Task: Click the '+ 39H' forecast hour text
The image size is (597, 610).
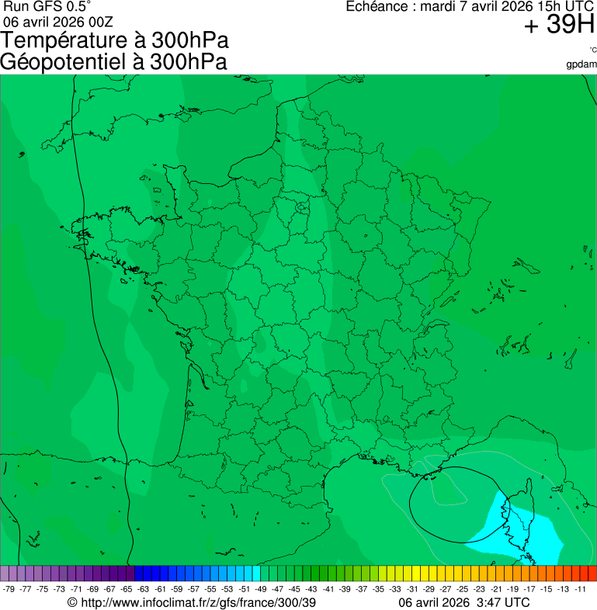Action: pyautogui.click(x=559, y=26)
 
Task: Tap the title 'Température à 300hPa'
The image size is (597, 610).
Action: pyautogui.click(x=115, y=41)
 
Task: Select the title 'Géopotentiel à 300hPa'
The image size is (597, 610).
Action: pyautogui.click(x=113, y=62)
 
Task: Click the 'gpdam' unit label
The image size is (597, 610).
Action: pyautogui.click(x=581, y=64)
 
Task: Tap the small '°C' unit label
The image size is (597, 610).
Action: pyautogui.click(x=592, y=50)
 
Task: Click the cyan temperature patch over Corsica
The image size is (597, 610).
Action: pyautogui.click(x=528, y=535)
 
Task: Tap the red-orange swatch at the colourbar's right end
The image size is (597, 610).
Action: pyautogui.click(x=592, y=574)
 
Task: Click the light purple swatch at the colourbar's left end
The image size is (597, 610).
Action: pyautogui.click(x=5, y=574)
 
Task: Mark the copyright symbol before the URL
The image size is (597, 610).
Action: pyautogui.click(x=72, y=602)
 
